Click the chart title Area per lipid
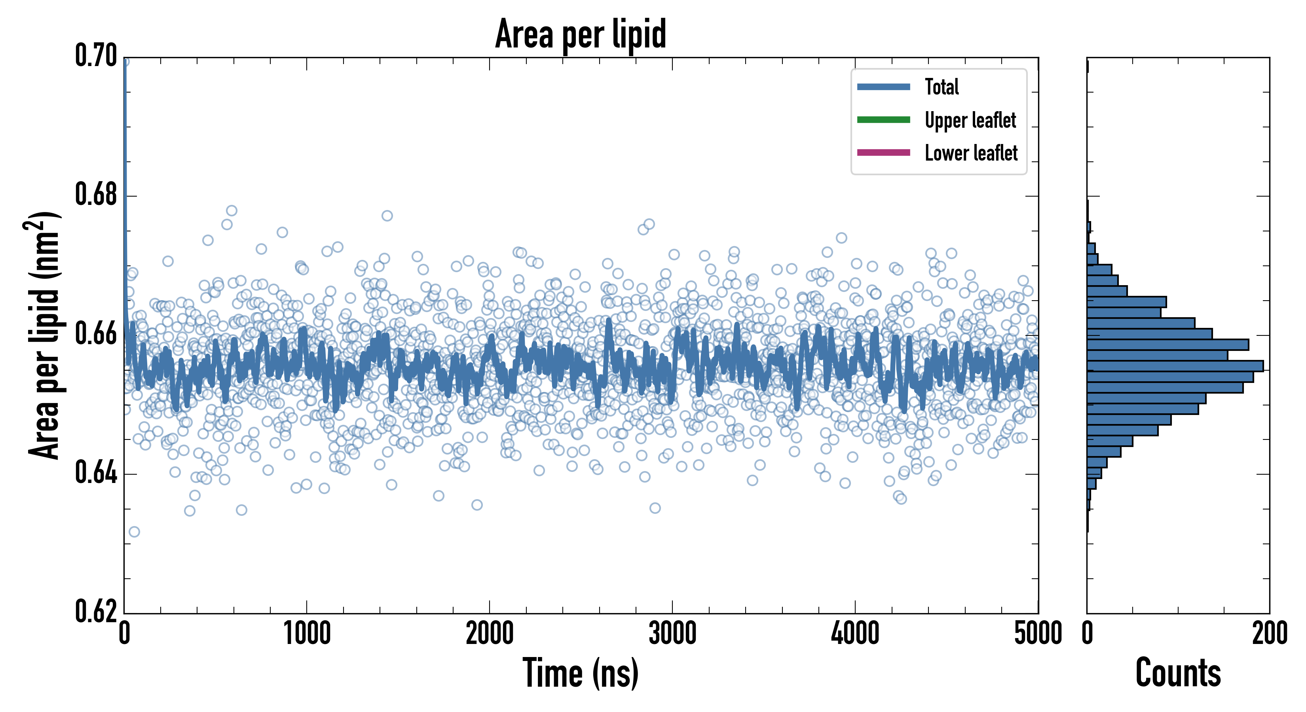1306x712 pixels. tap(581, 34)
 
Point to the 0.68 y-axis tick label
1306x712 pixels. tap(96, 195)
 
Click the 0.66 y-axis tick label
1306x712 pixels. tap(96, 334)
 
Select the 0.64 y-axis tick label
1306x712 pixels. tap(96, 473)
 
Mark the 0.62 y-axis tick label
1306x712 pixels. tap(96, 611)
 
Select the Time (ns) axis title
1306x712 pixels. tap(581, 673)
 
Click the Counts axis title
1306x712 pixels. tap(1178, 673)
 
